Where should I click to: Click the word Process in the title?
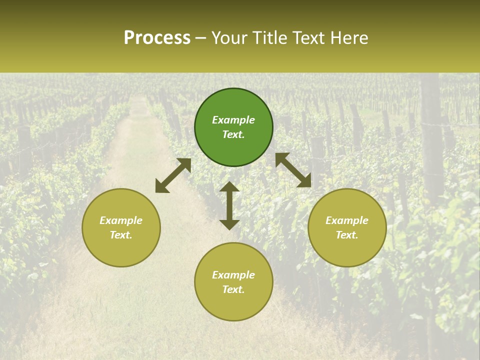tap(157, 38)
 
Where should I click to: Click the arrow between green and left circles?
tap(173, 175)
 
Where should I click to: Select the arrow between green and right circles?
tap(293, 170)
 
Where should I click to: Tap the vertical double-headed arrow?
tap(229, 205)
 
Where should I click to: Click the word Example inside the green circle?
tap(233, 120)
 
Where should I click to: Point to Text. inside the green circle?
tap(233, 134)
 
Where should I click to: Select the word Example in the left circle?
tap(121, 220)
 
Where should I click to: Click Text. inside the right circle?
tap(347, 235)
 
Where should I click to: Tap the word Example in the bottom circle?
tap(233, 275)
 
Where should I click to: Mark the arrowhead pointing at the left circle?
tap(161, 187)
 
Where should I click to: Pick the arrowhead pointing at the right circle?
tap(304, 181)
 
